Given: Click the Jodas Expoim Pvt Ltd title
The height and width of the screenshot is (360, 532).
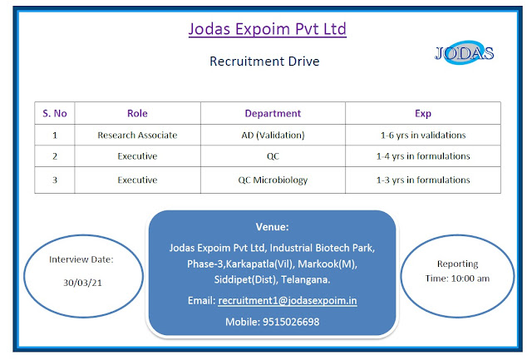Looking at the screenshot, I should point(267,30).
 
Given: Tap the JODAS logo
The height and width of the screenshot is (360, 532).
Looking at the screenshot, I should point(465,54).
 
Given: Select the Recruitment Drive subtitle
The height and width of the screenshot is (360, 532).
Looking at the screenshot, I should point(265,61).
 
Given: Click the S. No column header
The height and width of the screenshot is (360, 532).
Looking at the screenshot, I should point(54,113).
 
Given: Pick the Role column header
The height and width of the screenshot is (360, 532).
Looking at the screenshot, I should point(137,113).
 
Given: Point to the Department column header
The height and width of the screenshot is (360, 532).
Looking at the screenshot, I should point(273,113).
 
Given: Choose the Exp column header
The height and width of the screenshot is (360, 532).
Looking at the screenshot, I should point(422,113).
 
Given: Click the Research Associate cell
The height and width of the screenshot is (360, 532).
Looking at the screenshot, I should point(137,135).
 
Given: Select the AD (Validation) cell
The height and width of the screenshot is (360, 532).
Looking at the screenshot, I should point(273,135).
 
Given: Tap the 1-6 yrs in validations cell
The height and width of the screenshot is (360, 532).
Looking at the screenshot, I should point(422,135).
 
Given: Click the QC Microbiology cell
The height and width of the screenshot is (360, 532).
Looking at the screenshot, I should point(273,180).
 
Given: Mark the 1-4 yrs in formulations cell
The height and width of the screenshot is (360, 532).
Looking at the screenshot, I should point(422,156).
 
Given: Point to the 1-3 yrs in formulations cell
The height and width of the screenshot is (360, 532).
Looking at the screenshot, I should point(422,180).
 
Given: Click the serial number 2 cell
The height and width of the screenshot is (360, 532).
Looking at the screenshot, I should point(54,156).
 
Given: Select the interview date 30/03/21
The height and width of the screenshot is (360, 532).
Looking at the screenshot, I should point(81,283).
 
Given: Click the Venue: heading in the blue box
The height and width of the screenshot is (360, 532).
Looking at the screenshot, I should point(271,227).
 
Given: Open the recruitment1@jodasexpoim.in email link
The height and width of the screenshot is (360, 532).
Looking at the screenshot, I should point(287,300).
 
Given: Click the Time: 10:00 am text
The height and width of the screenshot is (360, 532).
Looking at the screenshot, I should point(458,277).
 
